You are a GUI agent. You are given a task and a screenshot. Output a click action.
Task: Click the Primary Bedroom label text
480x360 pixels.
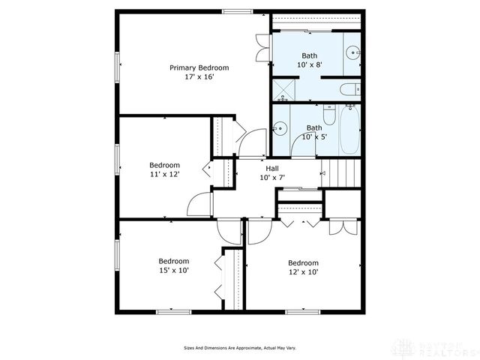[x=199, y=67]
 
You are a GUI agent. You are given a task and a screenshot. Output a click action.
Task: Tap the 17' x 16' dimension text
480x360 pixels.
[x=199, y=76]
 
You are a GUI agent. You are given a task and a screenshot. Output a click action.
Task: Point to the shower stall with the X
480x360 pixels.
[x=283, y=90]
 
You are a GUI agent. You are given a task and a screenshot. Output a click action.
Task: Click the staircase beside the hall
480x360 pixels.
[x=341, y=174]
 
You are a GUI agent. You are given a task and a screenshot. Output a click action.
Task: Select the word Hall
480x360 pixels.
[x=273, y=169]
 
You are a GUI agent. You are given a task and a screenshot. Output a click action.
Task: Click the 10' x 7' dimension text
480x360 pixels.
[x=273, y=178]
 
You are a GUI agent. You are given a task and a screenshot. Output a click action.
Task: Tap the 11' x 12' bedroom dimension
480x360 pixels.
[x=164, y=174]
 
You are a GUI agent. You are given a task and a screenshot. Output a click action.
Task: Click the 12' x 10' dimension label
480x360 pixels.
[x=303, y=272]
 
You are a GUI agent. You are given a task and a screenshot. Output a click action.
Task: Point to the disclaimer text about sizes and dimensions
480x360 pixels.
[x=239, y=348]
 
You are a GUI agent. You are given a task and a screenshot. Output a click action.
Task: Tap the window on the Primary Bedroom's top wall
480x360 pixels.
[x=236, y=11]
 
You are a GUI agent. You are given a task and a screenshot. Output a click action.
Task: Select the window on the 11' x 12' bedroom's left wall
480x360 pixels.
[x=116, y=159]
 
